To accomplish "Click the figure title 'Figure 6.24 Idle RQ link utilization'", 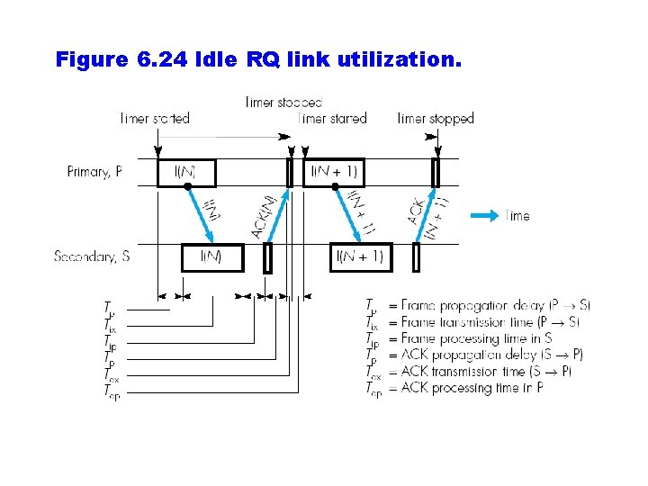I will [258, 60].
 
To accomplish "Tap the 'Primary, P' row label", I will [94, 172].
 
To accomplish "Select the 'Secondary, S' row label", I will [92, 256].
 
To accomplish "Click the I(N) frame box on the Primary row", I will [186, 172].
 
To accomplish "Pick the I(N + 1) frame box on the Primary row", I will [334, 172].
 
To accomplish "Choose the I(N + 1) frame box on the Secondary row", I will [360, 257].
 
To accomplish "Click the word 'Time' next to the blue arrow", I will [517, 216].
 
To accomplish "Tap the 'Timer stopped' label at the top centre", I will [283, 103].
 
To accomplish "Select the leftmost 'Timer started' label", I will [155, 119].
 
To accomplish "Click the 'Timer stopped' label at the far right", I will [436, 119].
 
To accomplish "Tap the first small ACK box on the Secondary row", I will [267, 257].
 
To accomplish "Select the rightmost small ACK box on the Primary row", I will [436, 172].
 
